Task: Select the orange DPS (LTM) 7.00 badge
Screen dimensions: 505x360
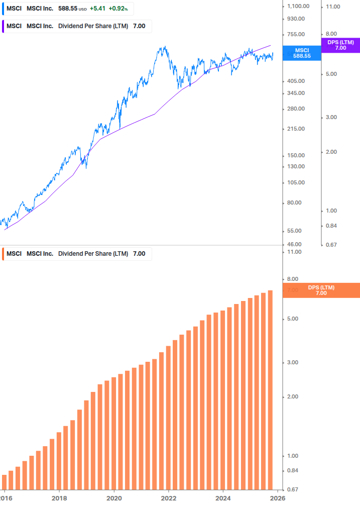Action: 321,290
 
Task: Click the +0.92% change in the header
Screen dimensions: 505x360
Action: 118,9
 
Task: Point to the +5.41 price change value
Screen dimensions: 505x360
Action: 98,9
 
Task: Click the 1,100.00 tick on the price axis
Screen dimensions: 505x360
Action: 298,6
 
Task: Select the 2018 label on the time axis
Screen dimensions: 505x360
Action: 59,497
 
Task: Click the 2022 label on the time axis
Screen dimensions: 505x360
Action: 169,497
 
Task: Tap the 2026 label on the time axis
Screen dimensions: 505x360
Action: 278,497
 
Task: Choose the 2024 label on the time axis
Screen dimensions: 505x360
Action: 223,497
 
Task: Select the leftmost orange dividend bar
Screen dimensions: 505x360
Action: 5,481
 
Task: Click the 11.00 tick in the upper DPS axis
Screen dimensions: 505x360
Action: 333,6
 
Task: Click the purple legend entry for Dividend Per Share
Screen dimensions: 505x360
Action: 76,26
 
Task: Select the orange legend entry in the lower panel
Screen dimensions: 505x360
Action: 76,254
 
